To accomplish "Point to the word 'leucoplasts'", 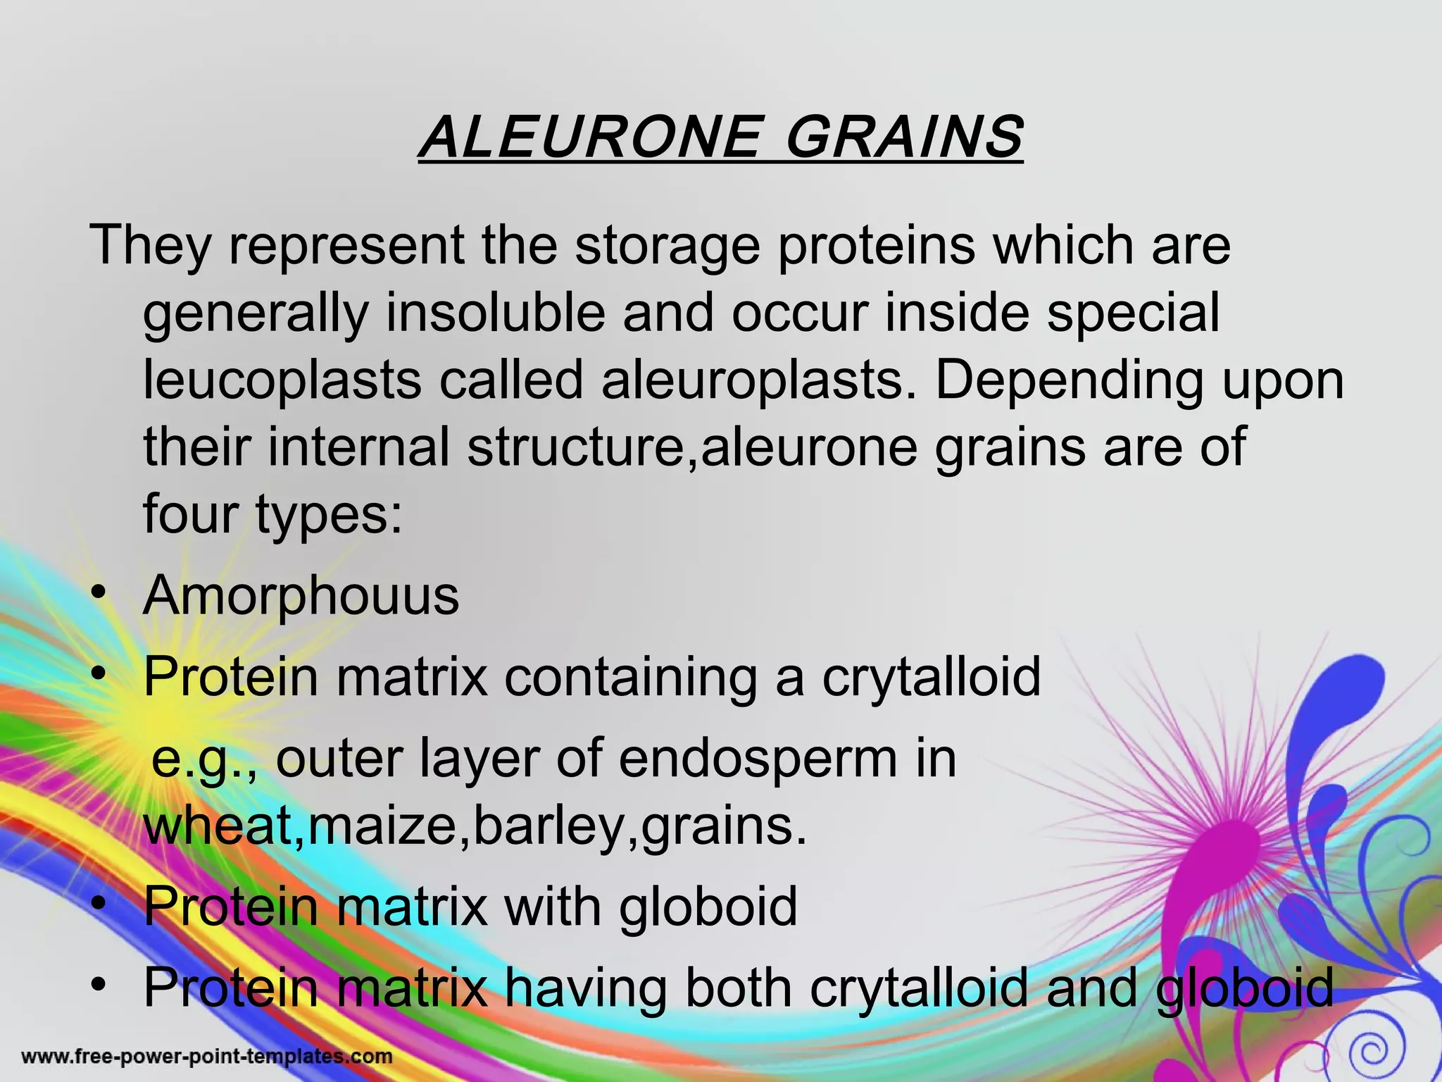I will [282, 380].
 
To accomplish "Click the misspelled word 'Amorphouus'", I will [301, 596].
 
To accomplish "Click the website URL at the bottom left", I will [207, 1056].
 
